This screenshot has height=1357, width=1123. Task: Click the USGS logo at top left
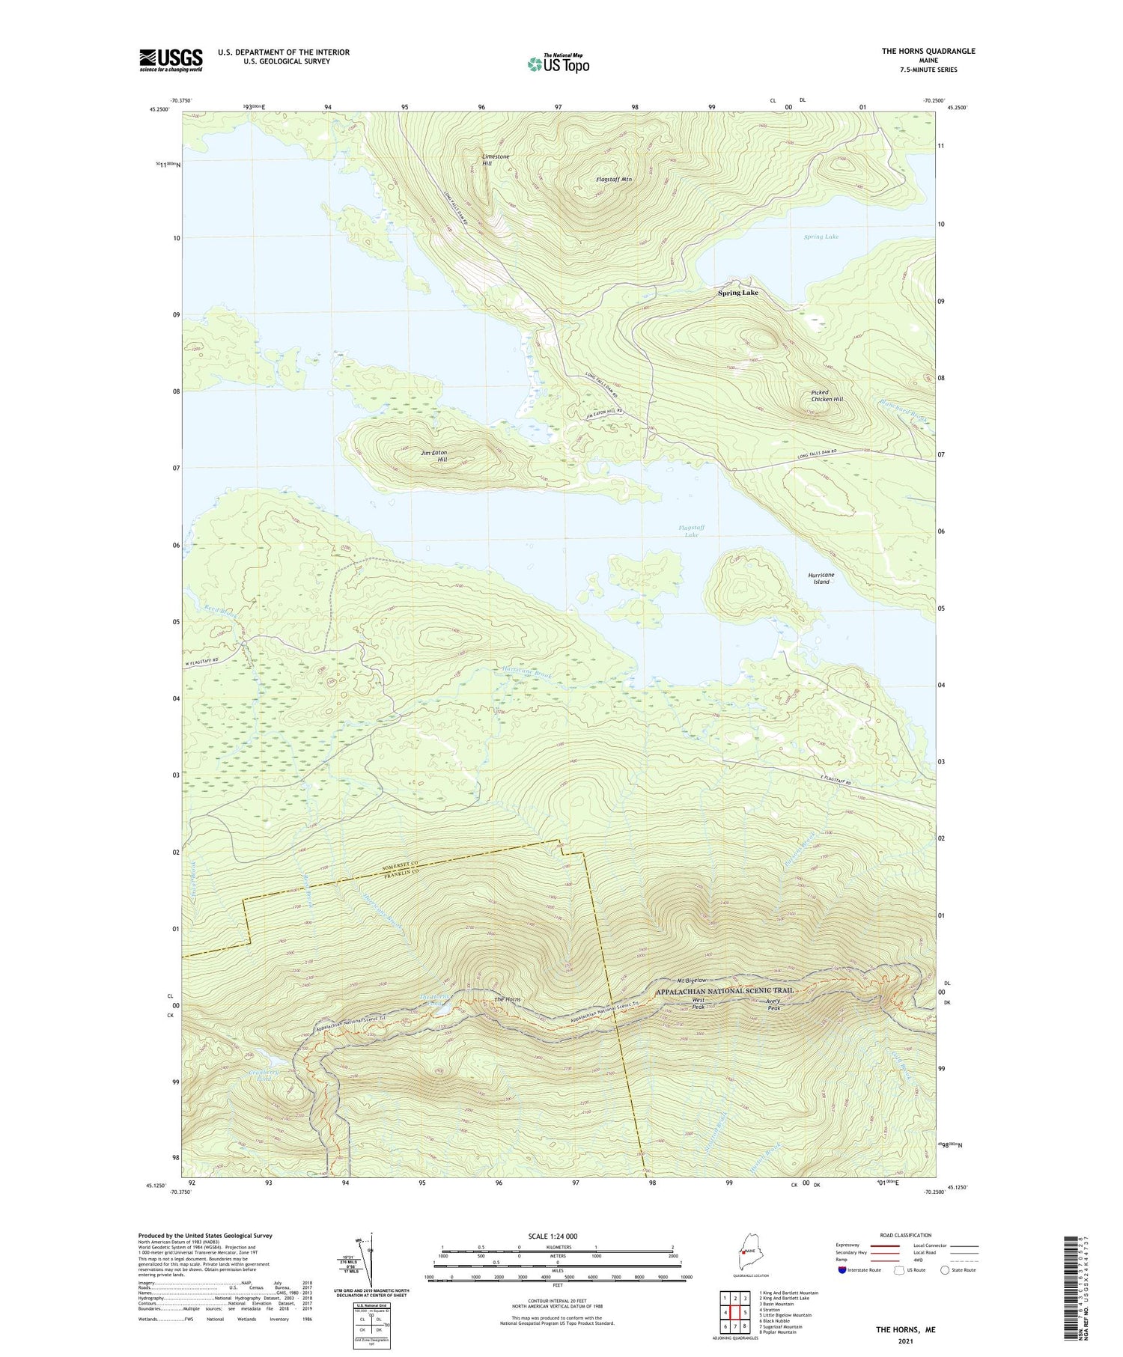171,60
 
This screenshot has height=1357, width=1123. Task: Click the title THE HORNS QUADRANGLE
928,51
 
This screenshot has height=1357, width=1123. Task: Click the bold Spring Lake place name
737,293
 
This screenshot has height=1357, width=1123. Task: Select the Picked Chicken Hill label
827,396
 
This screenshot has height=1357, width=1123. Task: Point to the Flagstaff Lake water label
691,531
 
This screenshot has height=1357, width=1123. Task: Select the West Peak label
698,1004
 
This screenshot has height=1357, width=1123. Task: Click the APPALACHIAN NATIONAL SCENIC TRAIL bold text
724,991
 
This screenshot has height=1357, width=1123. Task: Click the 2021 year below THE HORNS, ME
905,1341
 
